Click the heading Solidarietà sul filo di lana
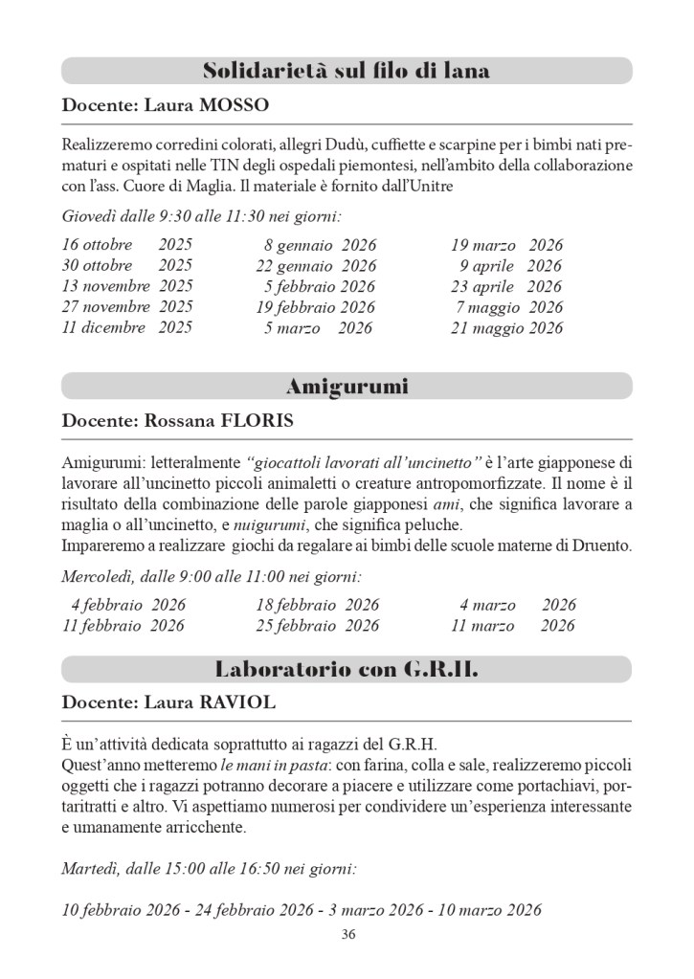(x=347, y=71)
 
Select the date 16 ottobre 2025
(x=126, y=244)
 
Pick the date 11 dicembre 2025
(x=126, y=328)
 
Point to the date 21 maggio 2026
(x=506, y=328)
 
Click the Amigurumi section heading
(x=347, y=387)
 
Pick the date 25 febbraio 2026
(x=317, y=626)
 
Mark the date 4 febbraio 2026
(x=128, y=605)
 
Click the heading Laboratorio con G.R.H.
(x=347, y=669)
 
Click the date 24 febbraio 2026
(x=255, y=909)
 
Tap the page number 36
(x=347, y=935)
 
